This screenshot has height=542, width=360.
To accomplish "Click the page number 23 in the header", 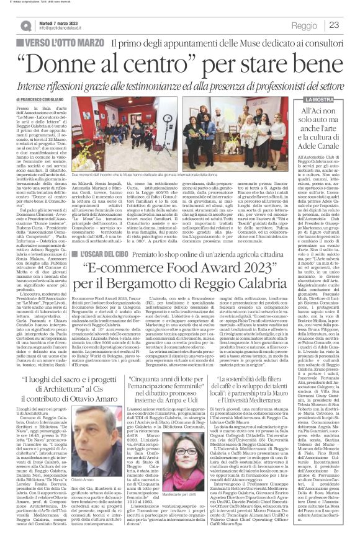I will click(333, 25).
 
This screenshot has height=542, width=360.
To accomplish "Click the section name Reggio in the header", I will click(304, 25).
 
